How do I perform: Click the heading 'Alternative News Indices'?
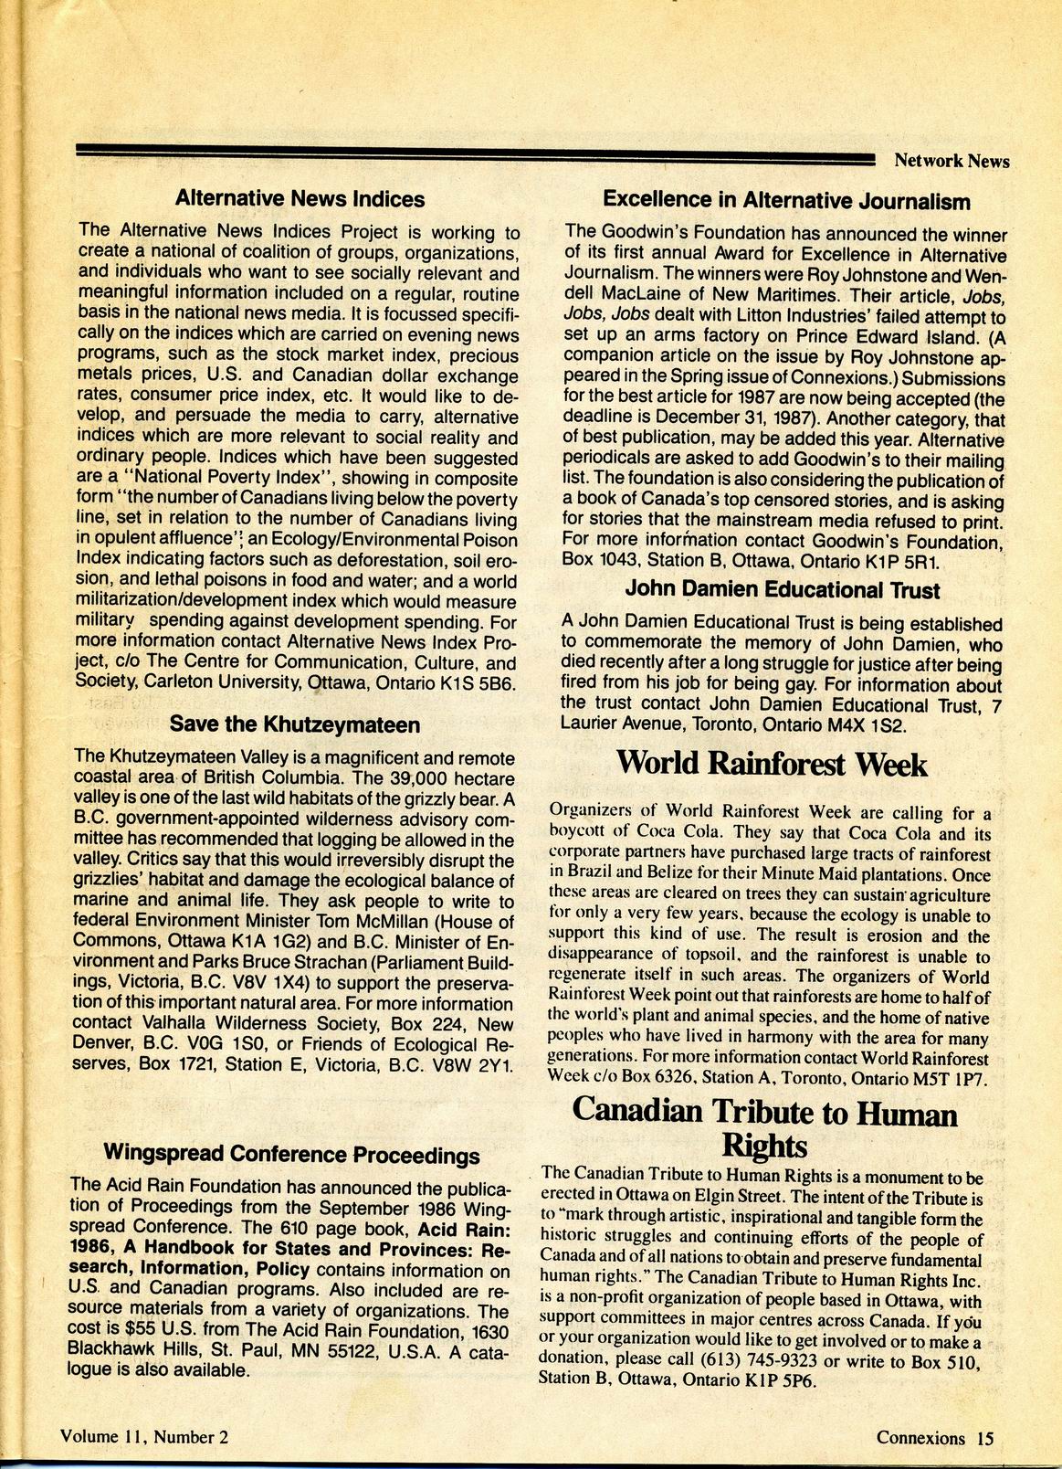(300, 198)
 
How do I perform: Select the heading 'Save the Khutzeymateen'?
(295, 724)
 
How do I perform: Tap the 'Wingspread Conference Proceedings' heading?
(291, 1154)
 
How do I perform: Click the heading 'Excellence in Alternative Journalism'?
(786, 200)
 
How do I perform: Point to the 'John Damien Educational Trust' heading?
(783, 590)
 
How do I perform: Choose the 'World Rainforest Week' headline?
(772, 764)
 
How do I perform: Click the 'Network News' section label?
(952, 162)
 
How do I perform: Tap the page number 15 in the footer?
(983, 1437)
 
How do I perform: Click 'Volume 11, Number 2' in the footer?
(143, 1436)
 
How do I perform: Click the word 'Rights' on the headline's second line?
(764, 1146)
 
